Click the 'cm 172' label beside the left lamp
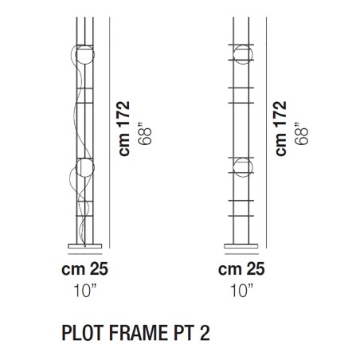click(124, 128)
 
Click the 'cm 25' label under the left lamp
click(84, 269)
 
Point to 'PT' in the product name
click(181, 330)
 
